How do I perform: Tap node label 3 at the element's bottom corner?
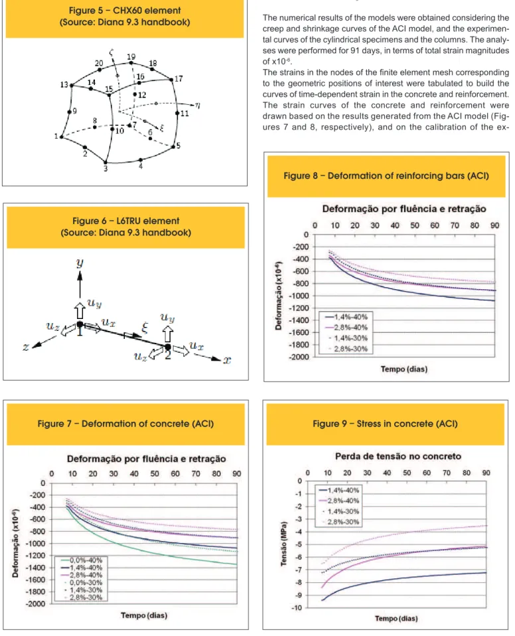(106, 168)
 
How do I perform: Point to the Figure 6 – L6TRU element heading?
(126, 221)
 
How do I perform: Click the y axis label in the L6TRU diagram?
(80, 263)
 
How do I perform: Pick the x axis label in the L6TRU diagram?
(227, 359)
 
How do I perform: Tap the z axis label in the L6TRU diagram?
(26, 347)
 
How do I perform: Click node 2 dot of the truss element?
(168, 347)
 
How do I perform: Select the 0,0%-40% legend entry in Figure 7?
(82, 560)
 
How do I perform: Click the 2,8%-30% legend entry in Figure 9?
(341, 522)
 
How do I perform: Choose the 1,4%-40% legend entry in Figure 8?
(346, 317)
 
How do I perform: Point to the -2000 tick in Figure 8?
(299, 357)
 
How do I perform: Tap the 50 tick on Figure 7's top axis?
(155, 474)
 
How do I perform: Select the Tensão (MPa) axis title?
(283, 544)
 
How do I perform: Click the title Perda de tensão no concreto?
(398, 456)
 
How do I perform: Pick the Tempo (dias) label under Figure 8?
(404, 369)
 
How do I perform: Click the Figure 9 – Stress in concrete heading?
(385, 424)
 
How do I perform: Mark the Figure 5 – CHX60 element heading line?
(125, 11)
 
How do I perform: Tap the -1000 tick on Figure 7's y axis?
(36, 544)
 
